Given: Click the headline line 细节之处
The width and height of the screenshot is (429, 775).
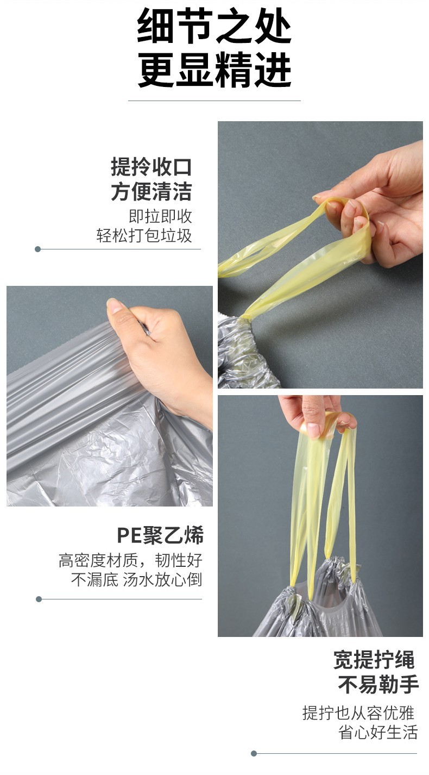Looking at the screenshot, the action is point(214,26).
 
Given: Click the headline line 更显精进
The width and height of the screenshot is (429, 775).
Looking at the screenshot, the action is point(214,70).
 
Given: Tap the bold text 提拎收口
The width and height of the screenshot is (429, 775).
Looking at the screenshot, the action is point(151,167).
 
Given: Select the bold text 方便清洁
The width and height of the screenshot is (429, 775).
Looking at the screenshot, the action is point(151,191).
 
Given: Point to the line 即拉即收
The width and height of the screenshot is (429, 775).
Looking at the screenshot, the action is point(160,216).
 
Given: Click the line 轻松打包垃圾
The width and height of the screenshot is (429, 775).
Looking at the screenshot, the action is point(144,236).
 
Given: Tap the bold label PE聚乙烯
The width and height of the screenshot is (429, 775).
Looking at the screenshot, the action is point(160,535).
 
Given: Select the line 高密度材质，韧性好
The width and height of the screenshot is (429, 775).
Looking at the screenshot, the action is point(130,560).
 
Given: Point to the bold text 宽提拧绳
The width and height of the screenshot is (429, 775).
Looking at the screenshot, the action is point(374,660).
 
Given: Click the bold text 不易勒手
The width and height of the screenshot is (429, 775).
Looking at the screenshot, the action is point(378,684).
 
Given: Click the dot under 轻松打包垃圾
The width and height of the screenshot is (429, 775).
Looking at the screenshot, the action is point(38,249).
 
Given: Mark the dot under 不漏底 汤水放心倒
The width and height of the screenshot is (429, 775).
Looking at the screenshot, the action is point(39,599).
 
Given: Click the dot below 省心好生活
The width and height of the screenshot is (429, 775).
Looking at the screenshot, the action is point(254,754).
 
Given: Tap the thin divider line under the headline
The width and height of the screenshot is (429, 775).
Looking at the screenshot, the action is point(214,101).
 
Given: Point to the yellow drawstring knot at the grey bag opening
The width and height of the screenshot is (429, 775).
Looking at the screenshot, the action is point(246,316).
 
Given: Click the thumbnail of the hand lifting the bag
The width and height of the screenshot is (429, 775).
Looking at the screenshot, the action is point(320,516).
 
